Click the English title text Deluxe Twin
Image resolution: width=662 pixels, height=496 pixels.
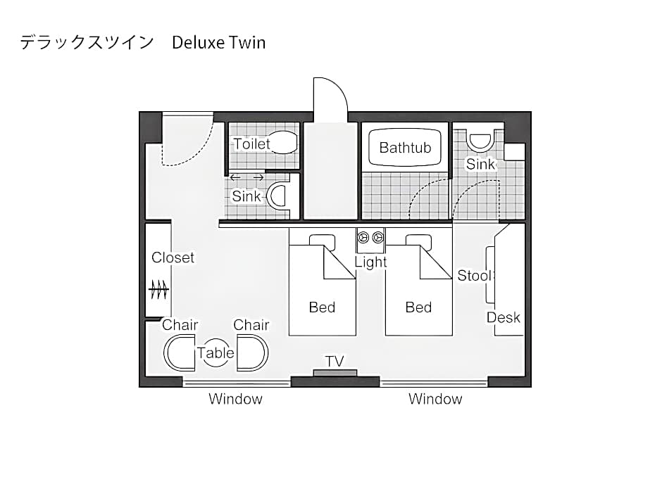pyautogui.click(x=218, y=43)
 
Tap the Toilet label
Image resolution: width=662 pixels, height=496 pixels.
pyautogui.click(x=251, y=144)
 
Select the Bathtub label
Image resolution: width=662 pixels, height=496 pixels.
pyautogui.click(x=404, y=148)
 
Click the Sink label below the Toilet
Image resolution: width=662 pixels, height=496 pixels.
pyautogui.click(x=246, y=196)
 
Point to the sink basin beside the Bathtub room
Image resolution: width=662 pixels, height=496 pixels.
pyautogui.click(x=481, y=142)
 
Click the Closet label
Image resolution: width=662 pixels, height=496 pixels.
pyautogui.click(x=173, y=257)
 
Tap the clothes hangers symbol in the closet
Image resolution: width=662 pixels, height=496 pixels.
pyautogui.click(x=158, y=289)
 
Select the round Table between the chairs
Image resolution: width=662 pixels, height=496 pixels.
pyautogui.click(x=216, y=353)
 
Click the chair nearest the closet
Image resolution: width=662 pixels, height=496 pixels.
pyautogui.click(x=180, y=352)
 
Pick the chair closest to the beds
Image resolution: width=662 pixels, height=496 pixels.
pyautogui.click(x=252, y=352)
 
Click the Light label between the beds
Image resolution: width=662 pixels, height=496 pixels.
pyautogui.click(x=370, y=262)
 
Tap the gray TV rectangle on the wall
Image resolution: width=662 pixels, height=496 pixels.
pyautogui.click(x=335, y=373)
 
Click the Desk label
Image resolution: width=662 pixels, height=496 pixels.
pyautogui.click(x=504, y=317)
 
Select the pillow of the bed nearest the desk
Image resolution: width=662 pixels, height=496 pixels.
pyautogui.click(x=418, y=241)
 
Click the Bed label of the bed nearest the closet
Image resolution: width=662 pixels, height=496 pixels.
pyautogui.click(x=322, y=307)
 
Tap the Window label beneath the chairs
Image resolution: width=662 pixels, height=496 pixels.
pyautogui.click(x=235, y=400)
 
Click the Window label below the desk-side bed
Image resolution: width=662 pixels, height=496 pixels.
pyautogui.click(x=435, y=400)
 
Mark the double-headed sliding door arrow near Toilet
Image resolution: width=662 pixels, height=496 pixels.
pyautogui.click(x=246, y=178)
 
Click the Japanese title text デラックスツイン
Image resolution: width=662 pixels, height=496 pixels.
pyautogui.click(x=87, y=43)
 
